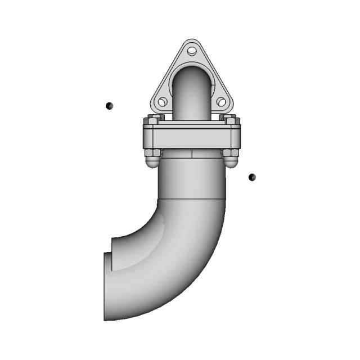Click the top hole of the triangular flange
192,51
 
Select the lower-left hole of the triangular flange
163,102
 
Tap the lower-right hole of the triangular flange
221,102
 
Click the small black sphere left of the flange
109,105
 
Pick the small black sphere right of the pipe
252,177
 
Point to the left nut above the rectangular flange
152,120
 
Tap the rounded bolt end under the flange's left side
152,162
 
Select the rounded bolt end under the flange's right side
231,162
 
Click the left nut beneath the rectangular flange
152,152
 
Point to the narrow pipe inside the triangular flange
192,96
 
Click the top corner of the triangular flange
192,41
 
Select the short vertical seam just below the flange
192,152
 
